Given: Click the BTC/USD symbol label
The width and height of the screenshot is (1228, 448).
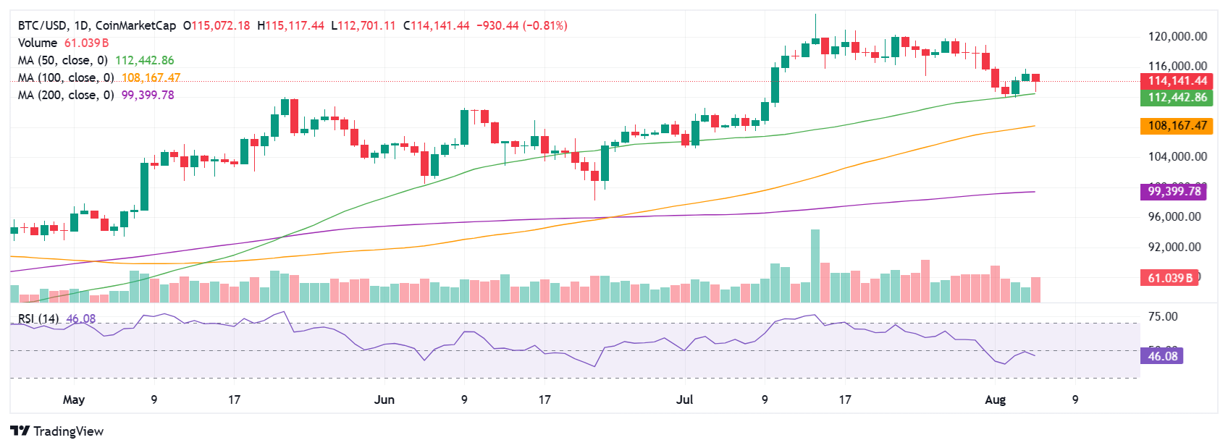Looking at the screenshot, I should [41, 25].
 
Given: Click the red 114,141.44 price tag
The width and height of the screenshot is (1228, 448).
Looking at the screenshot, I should [1177, 81].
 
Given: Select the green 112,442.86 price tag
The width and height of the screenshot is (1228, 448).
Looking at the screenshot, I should [1177, 97].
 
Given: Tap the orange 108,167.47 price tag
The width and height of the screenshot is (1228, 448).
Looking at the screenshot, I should [1177, 126].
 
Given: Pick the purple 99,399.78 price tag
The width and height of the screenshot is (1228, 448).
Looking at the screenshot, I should [1174, 192].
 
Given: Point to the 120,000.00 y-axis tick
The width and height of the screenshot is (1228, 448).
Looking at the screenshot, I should [1177, 36].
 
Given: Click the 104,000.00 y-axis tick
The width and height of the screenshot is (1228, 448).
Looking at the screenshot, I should [1177, 156].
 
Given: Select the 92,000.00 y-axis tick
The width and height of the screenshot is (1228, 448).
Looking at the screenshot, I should [1174, 247].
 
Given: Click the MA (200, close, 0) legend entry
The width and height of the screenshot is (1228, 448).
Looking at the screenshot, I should [66, 95].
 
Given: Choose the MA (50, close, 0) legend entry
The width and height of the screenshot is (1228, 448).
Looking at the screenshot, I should [63, 60].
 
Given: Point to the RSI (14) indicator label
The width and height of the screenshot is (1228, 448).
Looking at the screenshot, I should [38, 318].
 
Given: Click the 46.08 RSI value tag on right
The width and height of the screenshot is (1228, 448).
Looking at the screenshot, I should [1162, 356].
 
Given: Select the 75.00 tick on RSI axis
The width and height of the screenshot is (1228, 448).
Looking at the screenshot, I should [1163, 316].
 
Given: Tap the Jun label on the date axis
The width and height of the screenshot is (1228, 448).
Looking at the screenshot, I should [384, 400].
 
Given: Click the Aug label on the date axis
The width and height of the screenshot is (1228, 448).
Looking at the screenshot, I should [996, 400].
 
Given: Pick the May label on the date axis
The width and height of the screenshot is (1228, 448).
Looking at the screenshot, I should [74, 400].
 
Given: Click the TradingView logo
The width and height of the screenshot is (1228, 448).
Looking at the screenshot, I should [58, 431].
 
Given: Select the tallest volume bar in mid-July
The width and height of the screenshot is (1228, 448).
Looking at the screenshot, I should [815, 265].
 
